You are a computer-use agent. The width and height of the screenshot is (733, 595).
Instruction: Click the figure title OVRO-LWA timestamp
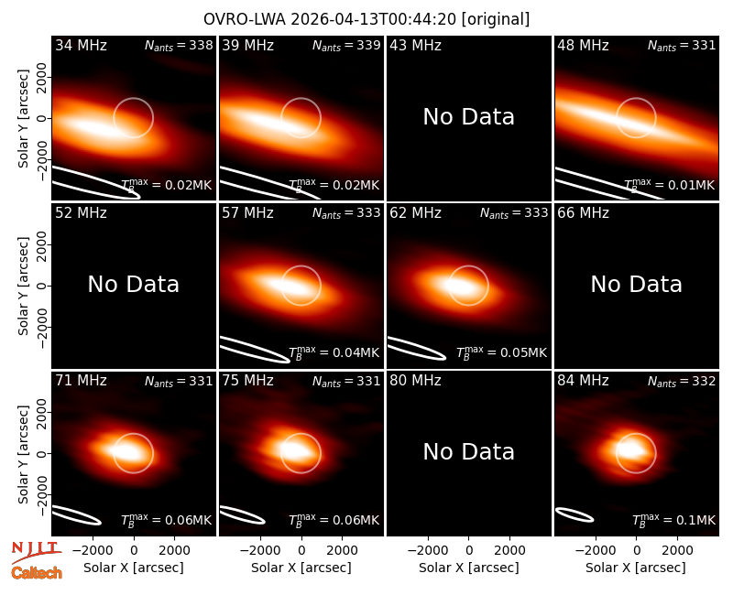366,19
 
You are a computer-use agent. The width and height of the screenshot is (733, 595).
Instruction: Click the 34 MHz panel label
81,45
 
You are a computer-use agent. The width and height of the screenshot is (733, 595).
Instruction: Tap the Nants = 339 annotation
346,45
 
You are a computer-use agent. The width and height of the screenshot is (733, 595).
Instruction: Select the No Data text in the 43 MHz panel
469,117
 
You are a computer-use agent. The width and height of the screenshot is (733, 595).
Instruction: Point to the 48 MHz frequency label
583,45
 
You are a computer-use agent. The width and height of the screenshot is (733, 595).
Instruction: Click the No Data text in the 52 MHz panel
134,285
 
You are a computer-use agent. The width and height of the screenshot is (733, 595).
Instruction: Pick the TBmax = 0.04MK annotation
334,353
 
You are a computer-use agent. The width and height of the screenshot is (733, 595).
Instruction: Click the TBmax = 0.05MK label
501,353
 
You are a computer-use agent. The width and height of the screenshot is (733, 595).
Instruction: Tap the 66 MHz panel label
583,213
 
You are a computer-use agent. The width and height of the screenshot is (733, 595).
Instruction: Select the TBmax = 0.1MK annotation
673,520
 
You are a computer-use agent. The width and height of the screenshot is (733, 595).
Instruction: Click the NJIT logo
37,552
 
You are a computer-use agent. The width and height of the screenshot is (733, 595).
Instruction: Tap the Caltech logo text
37,573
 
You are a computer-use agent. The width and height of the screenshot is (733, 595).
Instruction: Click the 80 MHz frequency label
415,381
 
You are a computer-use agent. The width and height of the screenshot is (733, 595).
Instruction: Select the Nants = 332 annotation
682,381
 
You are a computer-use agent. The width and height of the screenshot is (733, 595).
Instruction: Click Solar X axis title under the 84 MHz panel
636,568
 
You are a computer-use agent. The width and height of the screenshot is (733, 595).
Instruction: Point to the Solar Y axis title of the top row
24,119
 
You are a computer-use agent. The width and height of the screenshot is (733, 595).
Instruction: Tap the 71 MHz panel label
81,381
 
